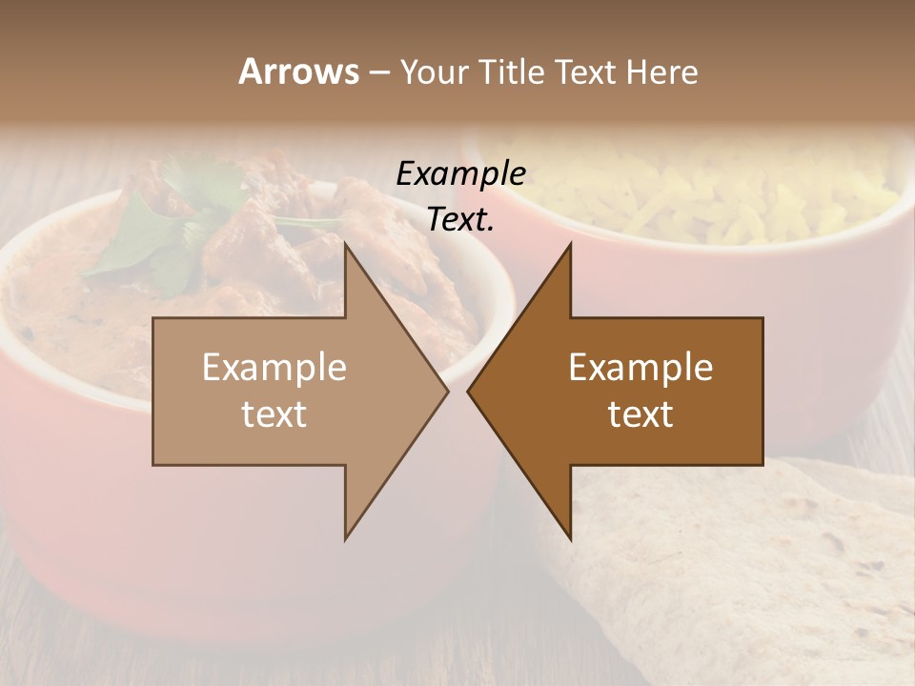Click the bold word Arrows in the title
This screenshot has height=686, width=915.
pyautogui.click(x=298, y=71)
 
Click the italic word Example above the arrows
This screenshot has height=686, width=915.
pyautogui.click(x=460, y=174)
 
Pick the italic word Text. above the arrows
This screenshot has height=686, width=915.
pyautogui.click(x=460, y=220)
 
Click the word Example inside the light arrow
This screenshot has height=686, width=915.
pyautogui.click(x=274, y=368)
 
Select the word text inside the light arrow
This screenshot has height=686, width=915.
pyautogui.click(x=274, y=414)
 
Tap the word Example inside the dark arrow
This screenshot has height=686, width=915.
pyautogui.click(x=640, y=368)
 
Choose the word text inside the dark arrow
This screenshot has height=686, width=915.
pyautogui.click(x=640, y=414)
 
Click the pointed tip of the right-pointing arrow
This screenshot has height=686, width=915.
pyautogui.click(x=446, y=391)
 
